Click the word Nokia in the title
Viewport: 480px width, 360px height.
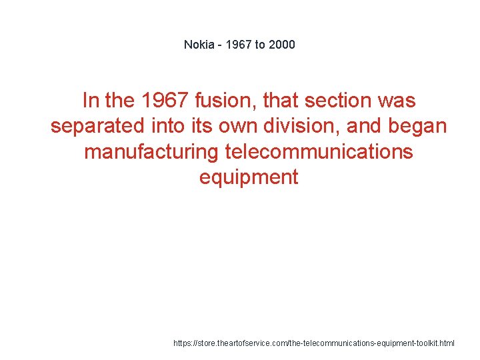pos(199,45)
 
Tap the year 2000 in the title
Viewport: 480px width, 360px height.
pos(281,45)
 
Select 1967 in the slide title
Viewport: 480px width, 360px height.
pos(238,45)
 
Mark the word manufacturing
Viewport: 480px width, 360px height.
pos(151,152)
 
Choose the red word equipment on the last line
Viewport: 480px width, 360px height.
pos(249,177)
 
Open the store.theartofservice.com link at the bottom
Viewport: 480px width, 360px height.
pos(313,343)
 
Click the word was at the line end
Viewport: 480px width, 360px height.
pos(397,101)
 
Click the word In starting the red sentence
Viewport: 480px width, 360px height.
pos(90,101)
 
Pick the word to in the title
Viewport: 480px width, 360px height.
pos(260,45)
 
